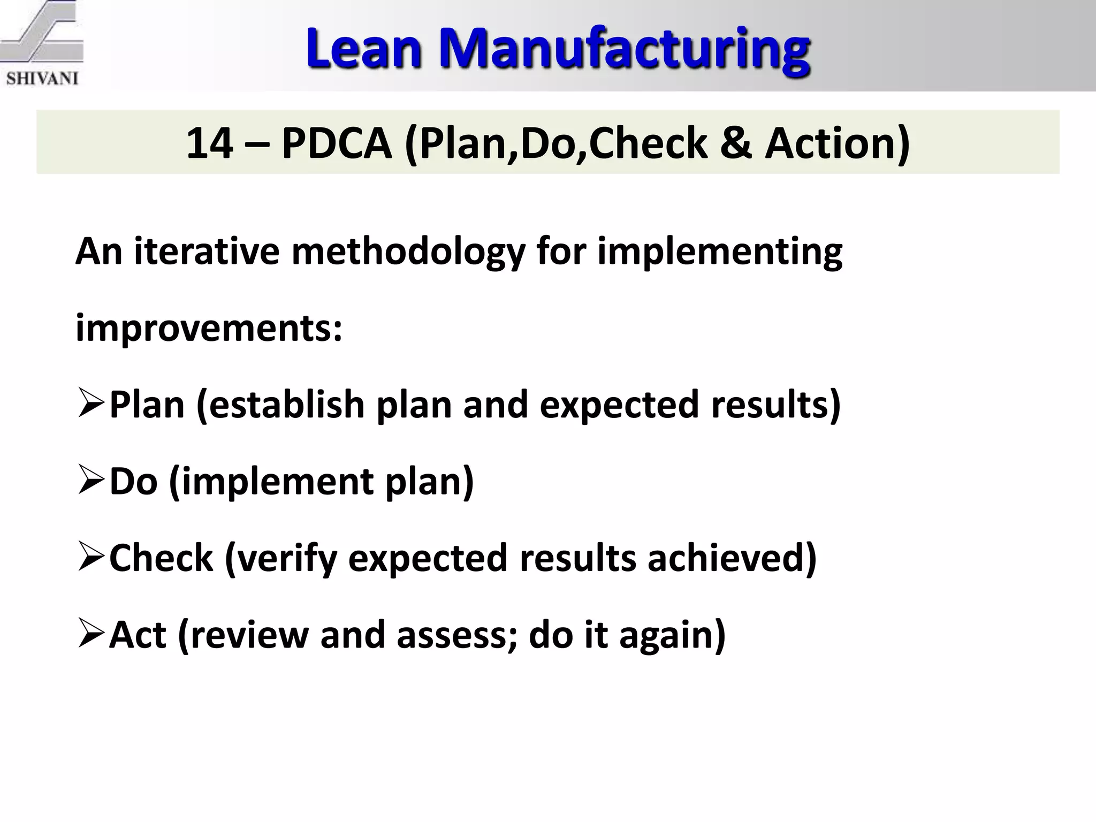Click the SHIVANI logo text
tap(42, 78)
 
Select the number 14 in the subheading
tap(209, 143)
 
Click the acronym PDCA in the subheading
tap(337, 143)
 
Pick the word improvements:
tap(209, 329)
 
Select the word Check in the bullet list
tap(161, 558)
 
